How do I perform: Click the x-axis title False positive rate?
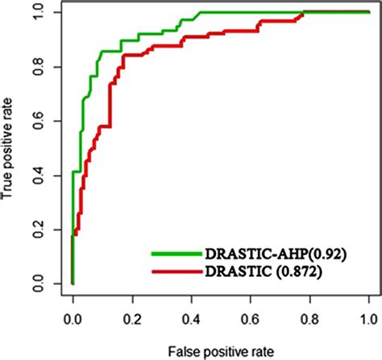tap(220, 349)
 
